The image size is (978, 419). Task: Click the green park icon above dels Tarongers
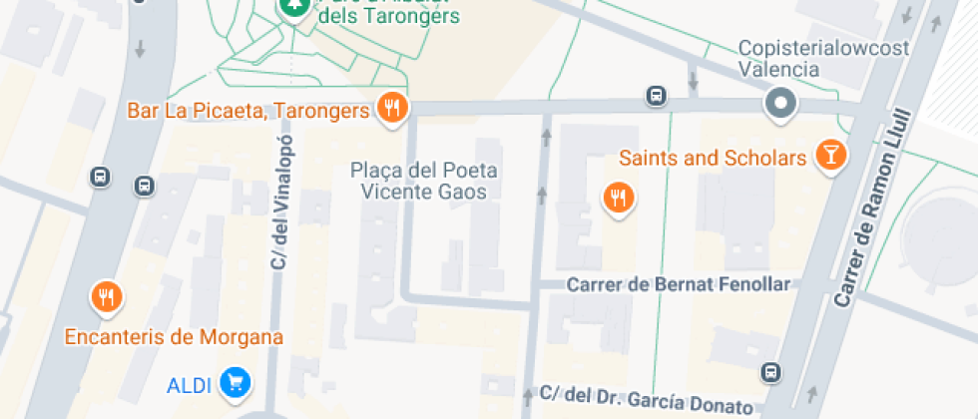[x=293, y=9]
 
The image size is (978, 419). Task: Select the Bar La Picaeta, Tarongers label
[x=247, y=111]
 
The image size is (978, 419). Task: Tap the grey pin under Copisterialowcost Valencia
[x=780, y=103]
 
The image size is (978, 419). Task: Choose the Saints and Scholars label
[x=713, y=158]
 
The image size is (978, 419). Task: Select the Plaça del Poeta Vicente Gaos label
[x=424, y=181]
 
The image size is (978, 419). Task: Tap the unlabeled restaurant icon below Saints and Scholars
[x=619, y=198]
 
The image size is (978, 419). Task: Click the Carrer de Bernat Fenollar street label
[x=678, y=284]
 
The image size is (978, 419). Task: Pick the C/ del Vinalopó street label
[x=279, y=209]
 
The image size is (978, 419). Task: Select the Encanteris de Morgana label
[x=174, y=336]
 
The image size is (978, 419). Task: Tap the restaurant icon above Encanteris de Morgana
[x=106, y=295]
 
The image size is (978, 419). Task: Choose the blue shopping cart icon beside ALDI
[x=236, y=381]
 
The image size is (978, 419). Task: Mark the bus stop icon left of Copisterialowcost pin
[x=656, y=97]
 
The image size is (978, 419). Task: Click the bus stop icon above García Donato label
[x=770, y=372]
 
